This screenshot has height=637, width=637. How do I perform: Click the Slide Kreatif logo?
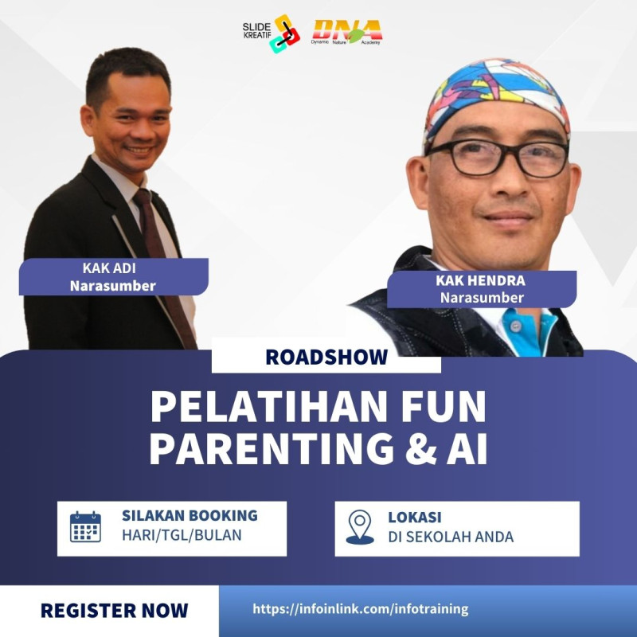271,33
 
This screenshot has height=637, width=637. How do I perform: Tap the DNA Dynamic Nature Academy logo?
347,32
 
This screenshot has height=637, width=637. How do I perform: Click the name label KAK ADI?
109,268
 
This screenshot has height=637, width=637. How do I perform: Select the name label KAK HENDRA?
481,280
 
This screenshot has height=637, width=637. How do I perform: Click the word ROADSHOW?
326,357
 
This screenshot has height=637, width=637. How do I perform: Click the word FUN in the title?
444,407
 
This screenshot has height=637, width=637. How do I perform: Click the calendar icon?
85,527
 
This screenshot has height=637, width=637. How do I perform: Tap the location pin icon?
360,527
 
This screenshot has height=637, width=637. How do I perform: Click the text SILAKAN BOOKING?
190,515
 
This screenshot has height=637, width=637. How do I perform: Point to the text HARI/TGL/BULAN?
182,535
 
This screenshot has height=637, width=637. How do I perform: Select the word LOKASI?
415,517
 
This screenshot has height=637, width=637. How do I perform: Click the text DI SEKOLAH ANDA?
451,537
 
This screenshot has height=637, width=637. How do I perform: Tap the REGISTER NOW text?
114,611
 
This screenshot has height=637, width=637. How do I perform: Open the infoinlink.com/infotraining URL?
361,609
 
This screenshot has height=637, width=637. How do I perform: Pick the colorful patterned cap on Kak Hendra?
495,100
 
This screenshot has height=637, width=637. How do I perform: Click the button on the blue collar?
515,325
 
